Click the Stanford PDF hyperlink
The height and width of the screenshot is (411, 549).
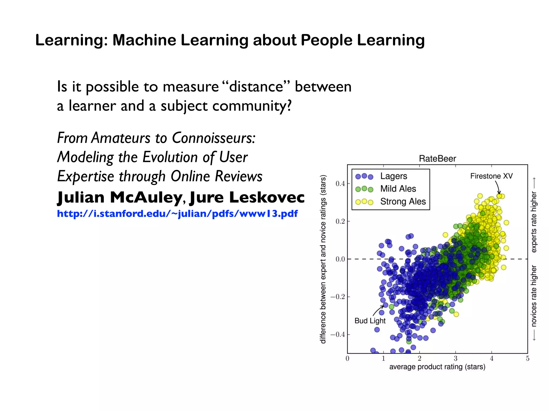pyautogui.click(x=177, y=214)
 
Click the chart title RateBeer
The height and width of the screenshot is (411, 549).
pyautogui.click(x=437, y=159)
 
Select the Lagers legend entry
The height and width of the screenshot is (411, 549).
pyautogui.click(x=394, y=176)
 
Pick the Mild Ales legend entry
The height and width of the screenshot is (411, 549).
pyautogui.click(x=398, y=189)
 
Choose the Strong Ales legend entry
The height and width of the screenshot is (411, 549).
pyautogui.click(x=403, y=201)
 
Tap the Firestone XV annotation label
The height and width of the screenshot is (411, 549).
pyautogui.click(x=491, y=176)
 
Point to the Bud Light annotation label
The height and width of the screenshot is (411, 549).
pyautogui.click(x=370, y=321)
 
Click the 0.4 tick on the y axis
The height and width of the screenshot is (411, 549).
pyautogui.click(x=340, y=184)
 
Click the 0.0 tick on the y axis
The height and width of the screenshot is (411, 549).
pyautogui.click(x=340, y=259)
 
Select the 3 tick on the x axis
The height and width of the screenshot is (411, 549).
pyautogui.click(x=455, y=359)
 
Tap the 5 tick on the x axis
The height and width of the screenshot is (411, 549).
pyautogui.click(x=528, y=359)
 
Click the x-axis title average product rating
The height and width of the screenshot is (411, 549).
pyautogui.click(x=437, y=367)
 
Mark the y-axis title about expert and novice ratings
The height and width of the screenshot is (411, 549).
pyautogui.click(x=323, y=259)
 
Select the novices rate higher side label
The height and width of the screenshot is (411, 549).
pyautogui.click(x=534, y=296)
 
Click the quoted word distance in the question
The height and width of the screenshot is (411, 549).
pyautogui.click(x=256, y=87)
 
